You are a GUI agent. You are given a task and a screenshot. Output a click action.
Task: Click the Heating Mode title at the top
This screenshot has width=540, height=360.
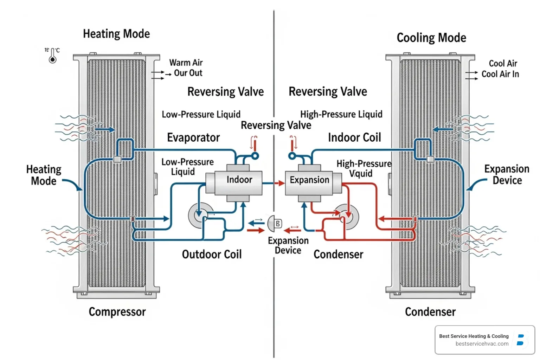pos(116,34)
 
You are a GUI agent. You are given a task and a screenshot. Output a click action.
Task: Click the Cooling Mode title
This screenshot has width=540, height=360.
pos(431,38)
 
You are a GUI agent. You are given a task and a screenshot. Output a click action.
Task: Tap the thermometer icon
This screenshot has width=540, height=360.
pos(53,56)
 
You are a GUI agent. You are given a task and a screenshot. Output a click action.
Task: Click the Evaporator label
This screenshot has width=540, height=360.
pos(193,137)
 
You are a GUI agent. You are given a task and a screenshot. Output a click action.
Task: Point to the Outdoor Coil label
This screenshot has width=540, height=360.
pos(212,254)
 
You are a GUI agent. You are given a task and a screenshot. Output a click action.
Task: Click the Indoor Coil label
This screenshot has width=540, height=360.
pos(354,137)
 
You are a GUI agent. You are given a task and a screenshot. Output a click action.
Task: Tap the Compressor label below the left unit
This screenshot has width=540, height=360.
pos(117,311)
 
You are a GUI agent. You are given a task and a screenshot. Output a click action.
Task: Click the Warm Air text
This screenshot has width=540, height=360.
pos(186,63)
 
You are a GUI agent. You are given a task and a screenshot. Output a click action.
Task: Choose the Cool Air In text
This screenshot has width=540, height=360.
pos(500,74)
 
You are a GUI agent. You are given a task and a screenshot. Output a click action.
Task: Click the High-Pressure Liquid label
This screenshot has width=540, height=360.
pos(341,114)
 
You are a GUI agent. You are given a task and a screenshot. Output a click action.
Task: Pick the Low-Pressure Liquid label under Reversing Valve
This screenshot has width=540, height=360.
pos(201,114)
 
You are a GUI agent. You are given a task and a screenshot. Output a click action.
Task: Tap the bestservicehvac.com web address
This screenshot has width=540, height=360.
pos(482,344)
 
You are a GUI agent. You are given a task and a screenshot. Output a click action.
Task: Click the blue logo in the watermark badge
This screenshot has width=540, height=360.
pos(521,340)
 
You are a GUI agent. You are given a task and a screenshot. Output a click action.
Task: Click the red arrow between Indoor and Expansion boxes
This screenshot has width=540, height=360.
pos(279,183)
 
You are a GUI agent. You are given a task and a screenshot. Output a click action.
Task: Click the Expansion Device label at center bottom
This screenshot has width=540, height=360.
pos(288,245)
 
